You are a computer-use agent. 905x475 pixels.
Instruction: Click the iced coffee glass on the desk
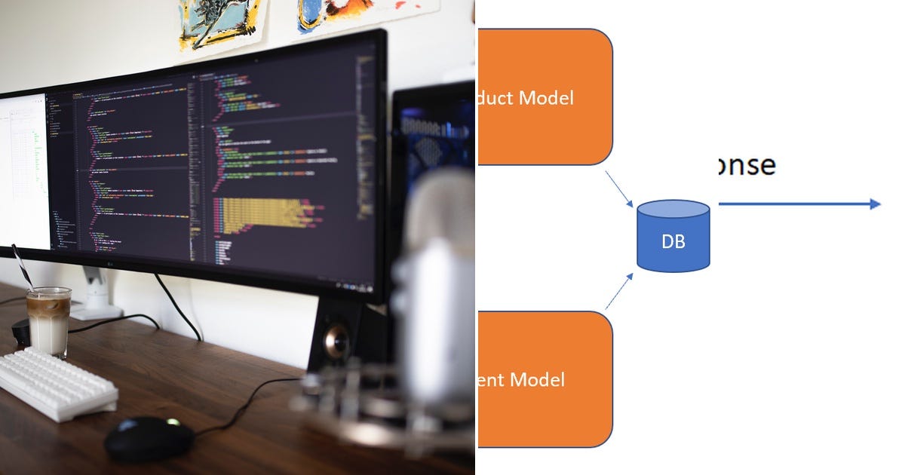48,323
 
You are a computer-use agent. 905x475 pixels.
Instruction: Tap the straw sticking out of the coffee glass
22,267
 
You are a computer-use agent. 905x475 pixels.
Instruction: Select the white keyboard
57,382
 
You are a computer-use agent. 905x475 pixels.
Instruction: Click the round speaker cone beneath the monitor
336,342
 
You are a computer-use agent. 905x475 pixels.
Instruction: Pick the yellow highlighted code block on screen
260,214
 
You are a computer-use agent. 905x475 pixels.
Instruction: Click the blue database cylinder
673,235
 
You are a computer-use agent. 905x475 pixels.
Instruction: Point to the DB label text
673,243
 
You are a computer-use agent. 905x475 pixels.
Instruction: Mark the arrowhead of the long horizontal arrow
875,204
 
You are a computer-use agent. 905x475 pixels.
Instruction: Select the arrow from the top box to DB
619,188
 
